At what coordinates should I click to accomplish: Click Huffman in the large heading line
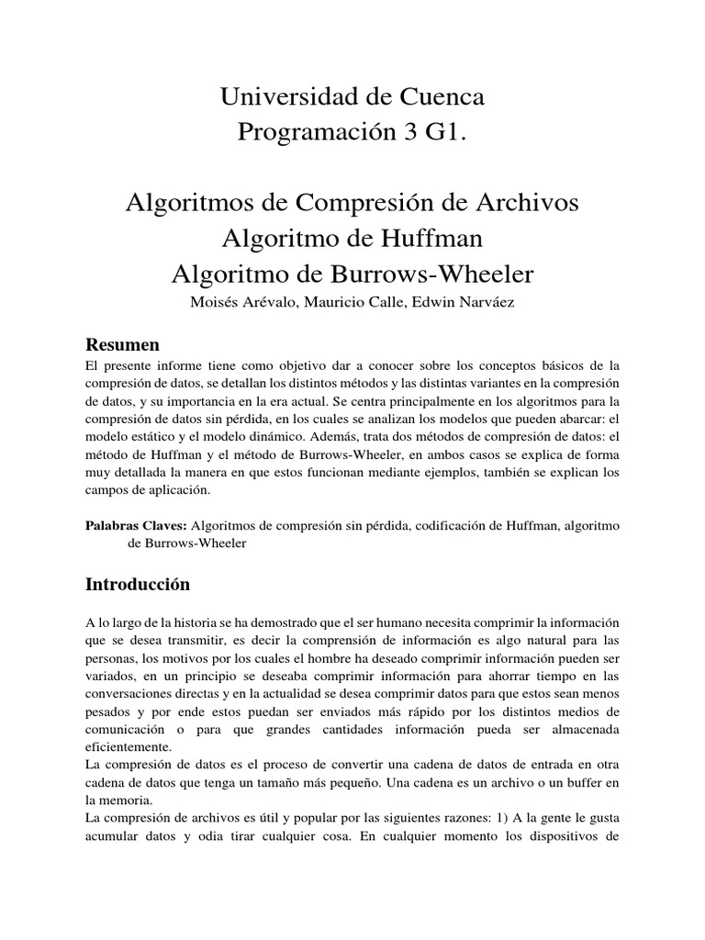[430, 239]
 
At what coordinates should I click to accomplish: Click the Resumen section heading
[122, 345]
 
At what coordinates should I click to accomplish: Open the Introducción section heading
[138, 584]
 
